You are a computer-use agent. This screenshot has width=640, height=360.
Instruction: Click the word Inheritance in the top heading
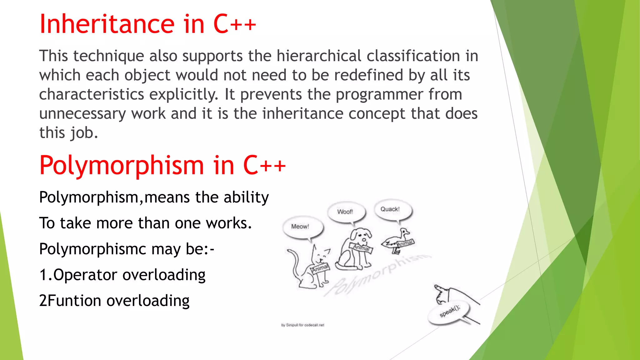106,24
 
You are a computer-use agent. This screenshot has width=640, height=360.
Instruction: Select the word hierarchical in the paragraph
319,56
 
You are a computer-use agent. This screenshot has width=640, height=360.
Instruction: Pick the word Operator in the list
85,275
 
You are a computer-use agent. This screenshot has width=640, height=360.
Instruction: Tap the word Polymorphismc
93,249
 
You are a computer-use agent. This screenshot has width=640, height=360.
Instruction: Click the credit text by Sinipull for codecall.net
302,325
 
